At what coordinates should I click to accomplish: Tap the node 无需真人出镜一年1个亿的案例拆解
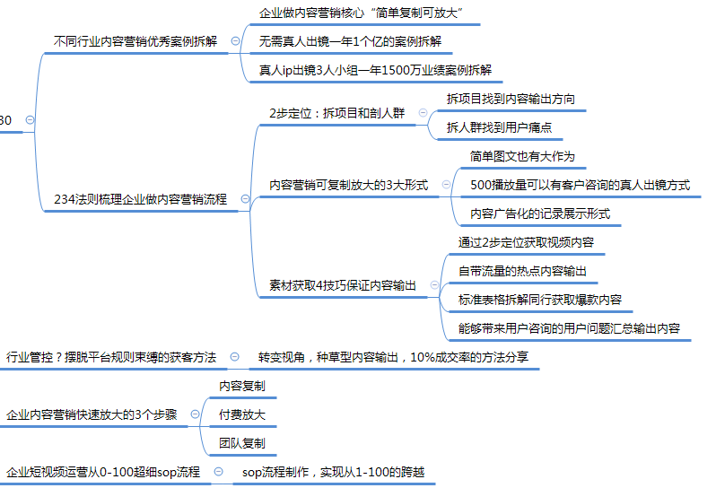click(x=349, y=41)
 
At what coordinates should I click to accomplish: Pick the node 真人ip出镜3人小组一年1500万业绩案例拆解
click(x=374, y=69)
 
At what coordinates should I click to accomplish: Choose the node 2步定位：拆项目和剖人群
click(x=336, y=113)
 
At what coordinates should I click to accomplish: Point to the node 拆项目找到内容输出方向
click(x=511, y=99)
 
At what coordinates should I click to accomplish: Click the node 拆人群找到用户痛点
click(x=499, y=127)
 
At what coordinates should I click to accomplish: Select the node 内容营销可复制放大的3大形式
click(x=349, y=185)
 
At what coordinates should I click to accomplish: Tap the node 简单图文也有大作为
click(x=522, y=156)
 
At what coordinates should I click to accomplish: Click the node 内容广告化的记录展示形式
click(x=540, y=213)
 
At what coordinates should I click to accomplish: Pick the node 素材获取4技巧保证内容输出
click(x=343, y=285)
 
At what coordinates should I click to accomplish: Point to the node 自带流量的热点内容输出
click(x=523, y=270)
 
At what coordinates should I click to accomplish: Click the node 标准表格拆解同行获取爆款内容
click(x=540, y=299)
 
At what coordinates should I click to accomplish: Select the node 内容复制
click(x=241, y=386)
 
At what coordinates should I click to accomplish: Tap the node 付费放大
click(x=241, y=414)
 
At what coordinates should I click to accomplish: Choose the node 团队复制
click(x=241, y=443)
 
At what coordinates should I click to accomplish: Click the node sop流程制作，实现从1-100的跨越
click(x=333, y=471)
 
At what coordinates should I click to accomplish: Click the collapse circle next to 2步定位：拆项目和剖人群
click(x=423, y=113)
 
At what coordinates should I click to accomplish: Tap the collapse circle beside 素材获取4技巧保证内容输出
click(x=433, y=285)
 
